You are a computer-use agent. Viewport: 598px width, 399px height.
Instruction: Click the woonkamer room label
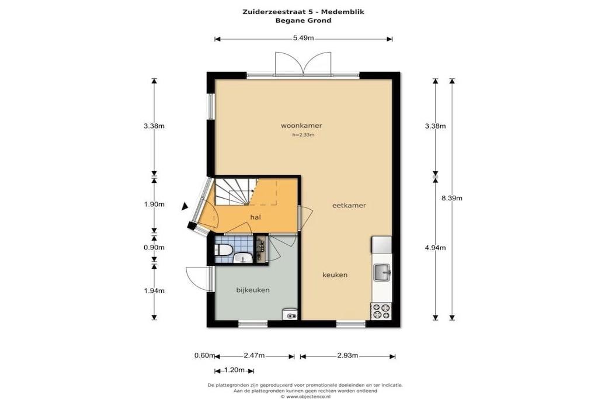301,126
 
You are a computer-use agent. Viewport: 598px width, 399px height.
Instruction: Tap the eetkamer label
349,205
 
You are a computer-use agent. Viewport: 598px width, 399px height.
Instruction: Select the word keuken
335,275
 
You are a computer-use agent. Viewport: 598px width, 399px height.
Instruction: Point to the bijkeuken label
253,290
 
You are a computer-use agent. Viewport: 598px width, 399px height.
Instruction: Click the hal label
256,217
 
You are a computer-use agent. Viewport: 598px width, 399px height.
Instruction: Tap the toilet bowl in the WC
223,250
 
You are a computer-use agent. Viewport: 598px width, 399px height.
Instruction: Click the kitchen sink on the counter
382,272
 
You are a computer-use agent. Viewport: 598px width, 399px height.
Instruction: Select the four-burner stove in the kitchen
381,311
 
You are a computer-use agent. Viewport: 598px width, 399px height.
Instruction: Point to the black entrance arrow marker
185,206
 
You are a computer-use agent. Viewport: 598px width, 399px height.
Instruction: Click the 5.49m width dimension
304,38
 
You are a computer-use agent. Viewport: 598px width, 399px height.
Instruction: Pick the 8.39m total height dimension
452,198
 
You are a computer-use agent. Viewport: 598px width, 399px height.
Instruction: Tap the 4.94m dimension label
436,248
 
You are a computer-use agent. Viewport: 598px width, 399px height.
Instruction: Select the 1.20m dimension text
234,370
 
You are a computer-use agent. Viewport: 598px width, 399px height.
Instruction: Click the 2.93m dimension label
347,356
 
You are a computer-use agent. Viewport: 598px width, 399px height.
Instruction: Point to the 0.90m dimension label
154,247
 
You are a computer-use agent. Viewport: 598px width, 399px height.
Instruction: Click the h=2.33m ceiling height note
303,134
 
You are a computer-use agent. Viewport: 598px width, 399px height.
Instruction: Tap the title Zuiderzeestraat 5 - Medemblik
303,12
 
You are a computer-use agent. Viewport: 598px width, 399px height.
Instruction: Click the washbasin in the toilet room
242,259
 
